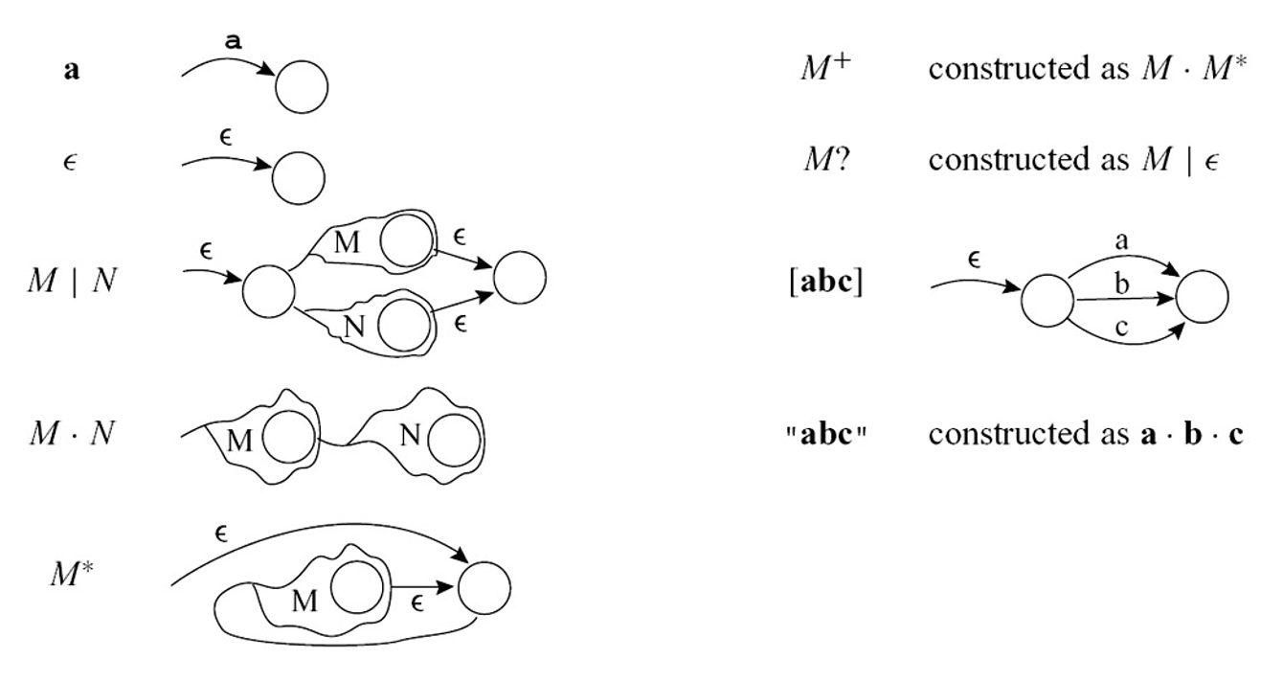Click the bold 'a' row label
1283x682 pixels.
72,72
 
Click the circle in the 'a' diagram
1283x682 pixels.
302,87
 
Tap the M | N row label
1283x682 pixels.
72,282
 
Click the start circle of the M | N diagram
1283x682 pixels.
269,291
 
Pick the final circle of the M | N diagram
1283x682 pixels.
520,277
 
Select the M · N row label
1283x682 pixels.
72,434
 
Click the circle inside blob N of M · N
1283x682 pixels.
454,441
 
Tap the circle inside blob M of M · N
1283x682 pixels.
288,440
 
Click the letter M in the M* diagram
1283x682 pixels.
304,602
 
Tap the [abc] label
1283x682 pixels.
825,284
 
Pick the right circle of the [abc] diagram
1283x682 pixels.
1202,296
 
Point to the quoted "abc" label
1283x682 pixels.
825,434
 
